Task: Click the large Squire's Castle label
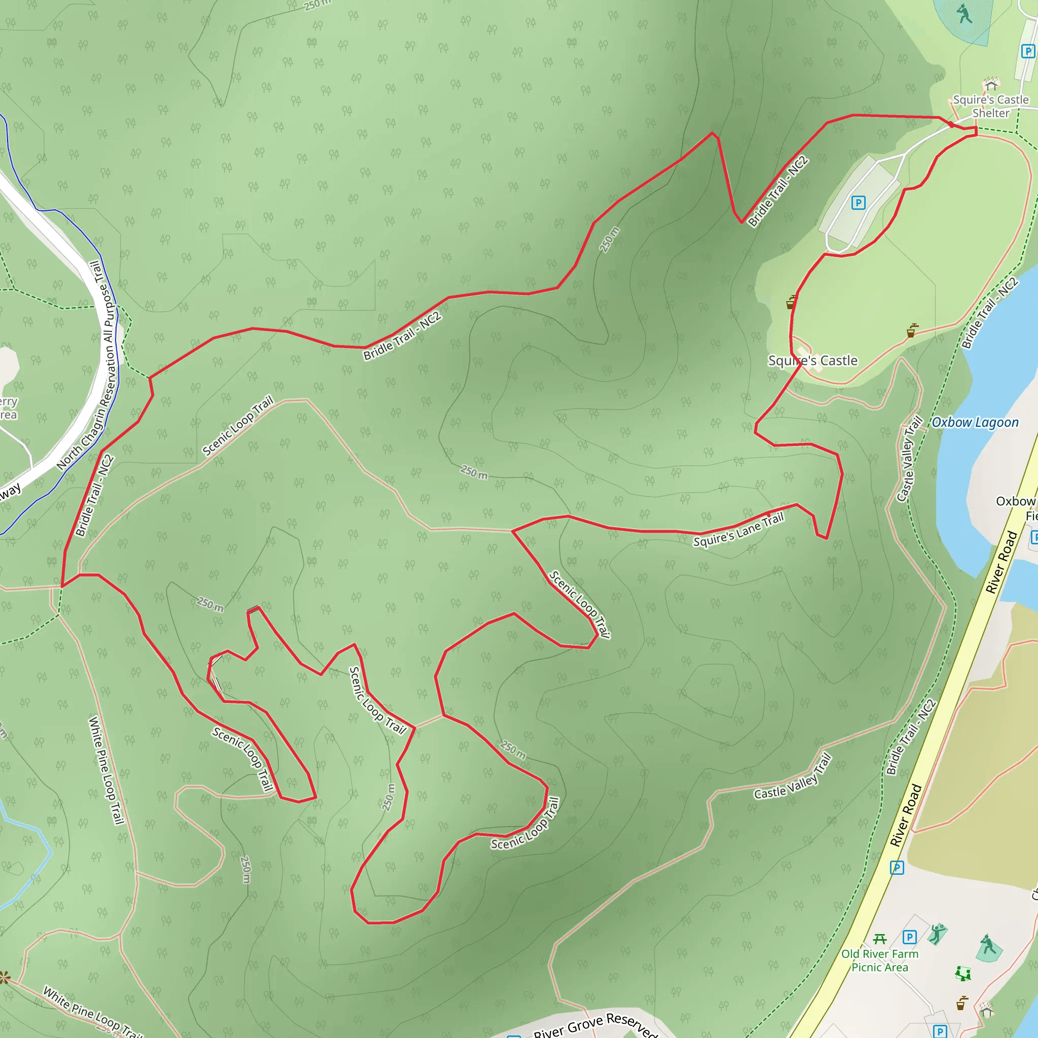pos(812,360)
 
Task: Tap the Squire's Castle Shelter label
pos(990,106)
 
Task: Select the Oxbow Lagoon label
pos(975,422)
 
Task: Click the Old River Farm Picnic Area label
pos(879,960)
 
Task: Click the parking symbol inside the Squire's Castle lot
pos(858,203)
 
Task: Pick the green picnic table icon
pos(879,939)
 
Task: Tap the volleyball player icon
pos(938,934)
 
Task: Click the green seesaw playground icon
pos(963,973)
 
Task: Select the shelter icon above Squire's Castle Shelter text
pos(991,84)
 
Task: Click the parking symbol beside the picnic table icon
pos(909,937)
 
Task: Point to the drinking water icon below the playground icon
pos(961,1003)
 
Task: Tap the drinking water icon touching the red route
pos(791,302)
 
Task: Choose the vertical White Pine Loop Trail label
pos(106,770)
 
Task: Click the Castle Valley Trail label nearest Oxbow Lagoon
pos(909,459)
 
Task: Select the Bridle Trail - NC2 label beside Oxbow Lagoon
pos(989,313)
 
